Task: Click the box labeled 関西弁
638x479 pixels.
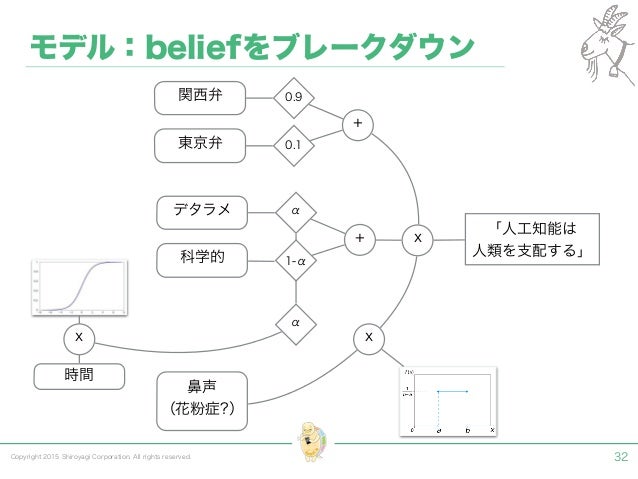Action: tap(200, 97)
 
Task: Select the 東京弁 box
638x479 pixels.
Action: tap(200, 145)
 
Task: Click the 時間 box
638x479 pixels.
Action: tap(80, 375)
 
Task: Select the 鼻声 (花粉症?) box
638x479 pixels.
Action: tap(202, 400)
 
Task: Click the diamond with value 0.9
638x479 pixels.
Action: tap(294, 98)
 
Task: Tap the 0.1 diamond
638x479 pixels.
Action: tap(294, 146)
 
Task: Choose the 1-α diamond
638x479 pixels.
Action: tap(294, 260)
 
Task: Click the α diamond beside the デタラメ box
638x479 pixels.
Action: tap(294, 212)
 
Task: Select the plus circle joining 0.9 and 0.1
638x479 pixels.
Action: tap(357, 124)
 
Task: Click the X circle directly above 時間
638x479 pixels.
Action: tap(79, 339)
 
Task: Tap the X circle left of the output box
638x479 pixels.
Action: tap(417, 239)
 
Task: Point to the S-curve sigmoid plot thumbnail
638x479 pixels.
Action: tap(79, 286)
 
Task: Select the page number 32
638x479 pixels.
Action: tap(620, 457)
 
